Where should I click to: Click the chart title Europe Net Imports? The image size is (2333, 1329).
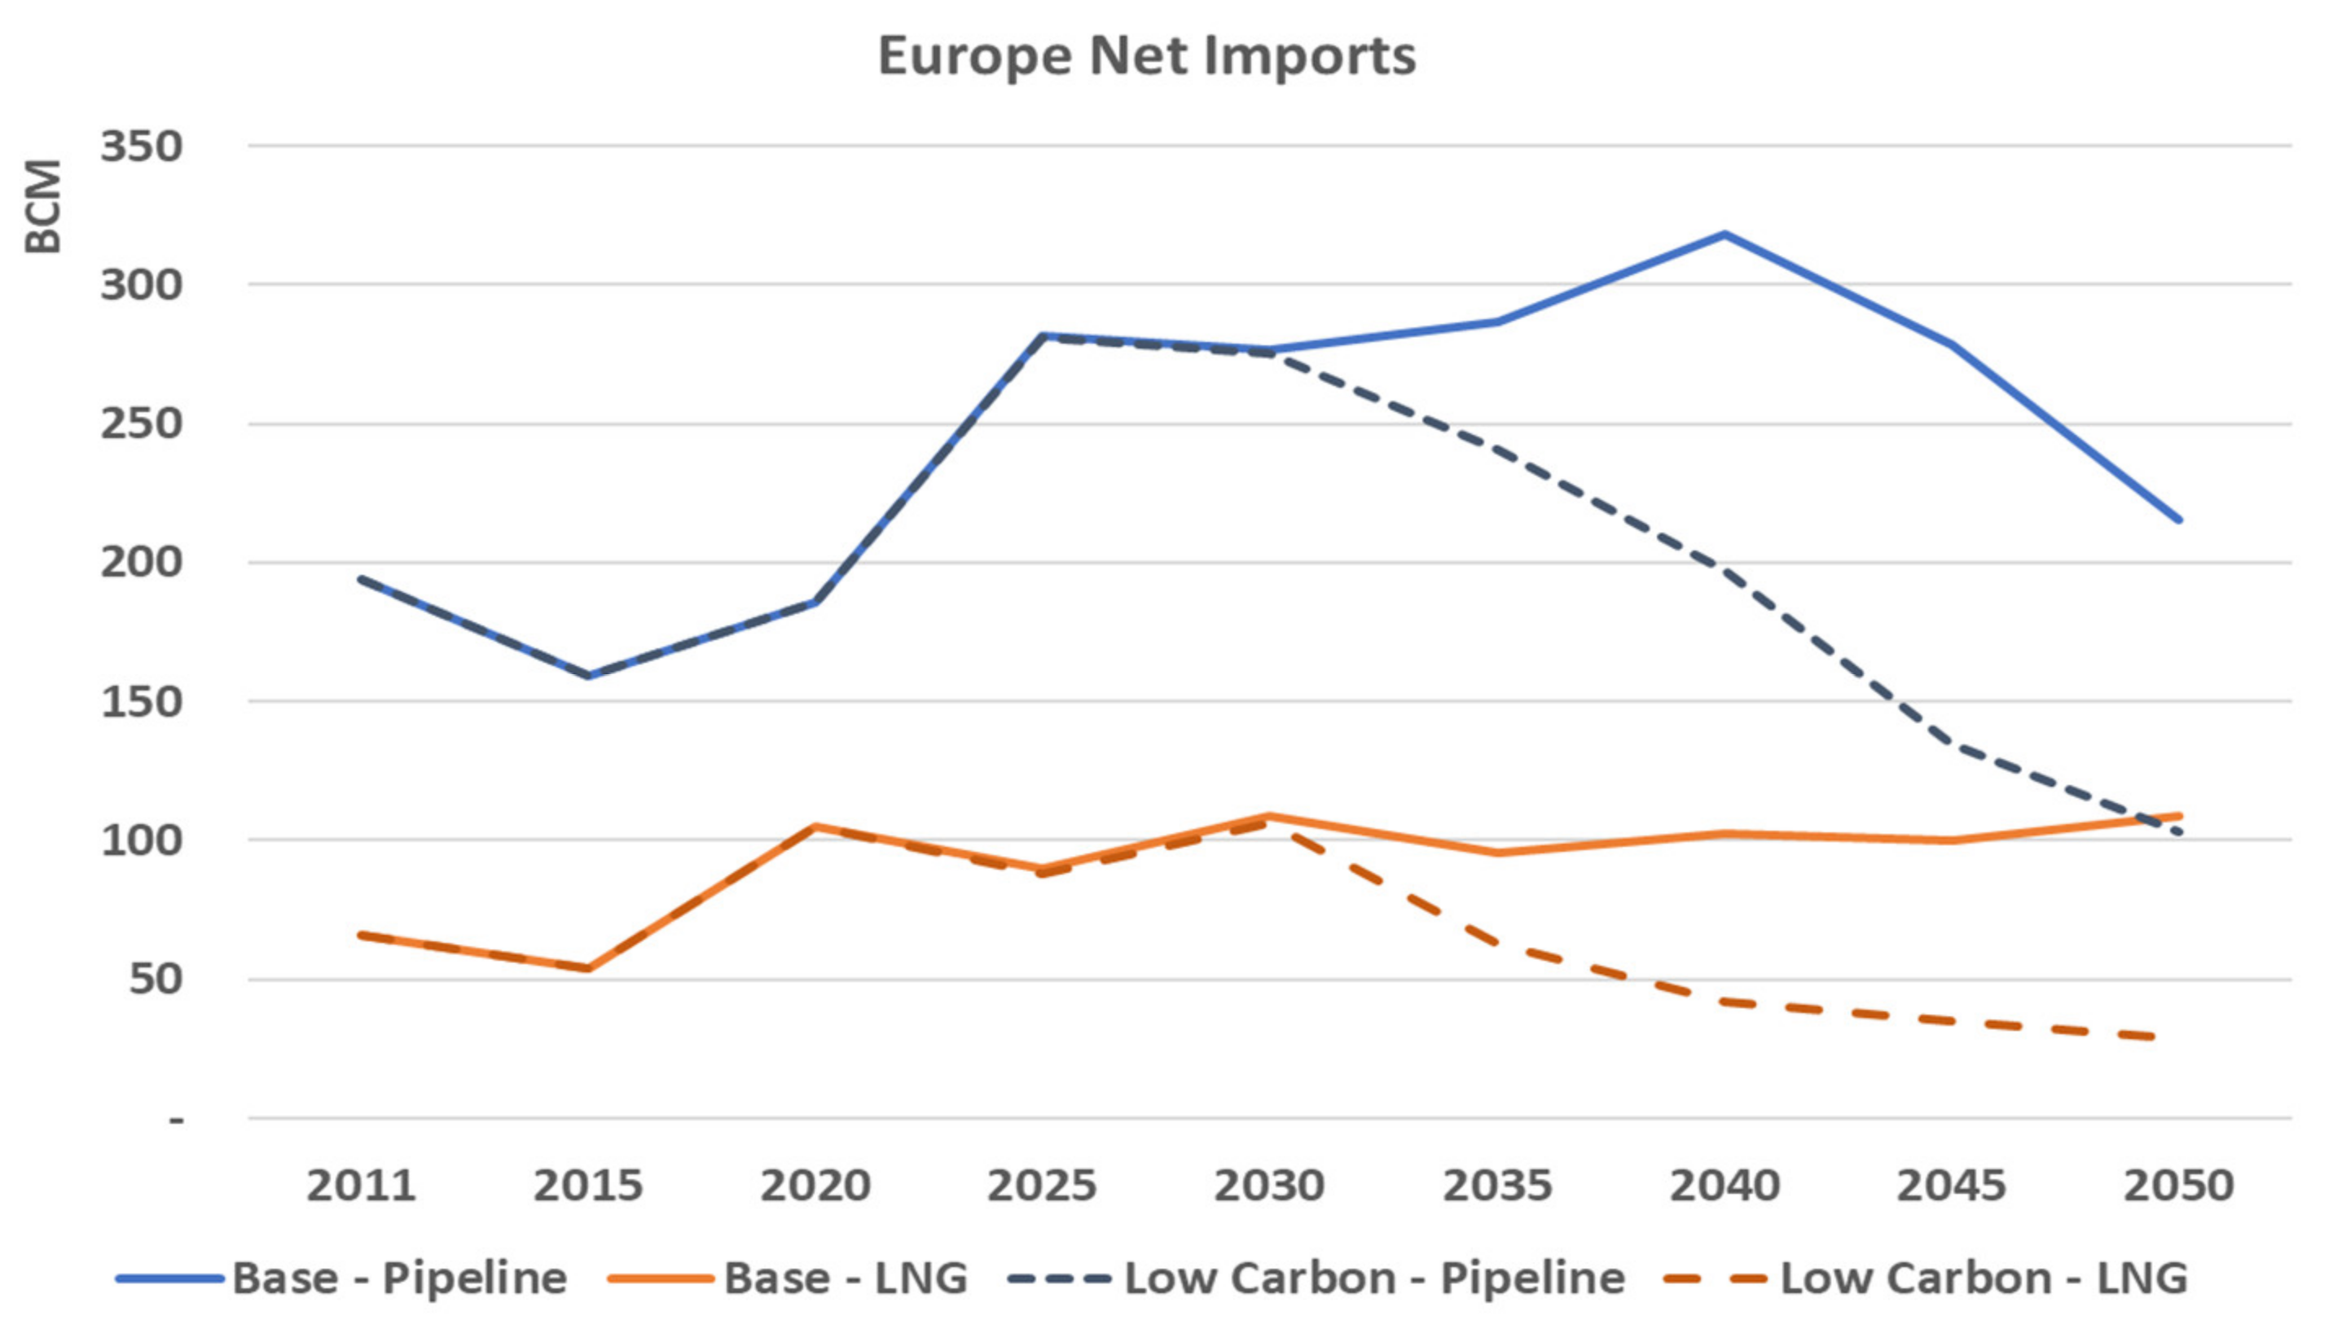[1146, 56]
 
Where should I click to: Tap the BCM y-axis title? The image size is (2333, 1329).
[43, 206]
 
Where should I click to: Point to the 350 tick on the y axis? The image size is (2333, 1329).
[142, 146]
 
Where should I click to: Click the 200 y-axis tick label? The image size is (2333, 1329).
[142, 562]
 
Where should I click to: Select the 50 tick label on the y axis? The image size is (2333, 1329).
[155, 980]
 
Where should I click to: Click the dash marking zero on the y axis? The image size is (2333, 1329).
[176, 1119]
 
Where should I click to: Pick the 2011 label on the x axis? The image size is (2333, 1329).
[362, 1186]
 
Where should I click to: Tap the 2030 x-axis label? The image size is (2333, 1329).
[1268, 1186]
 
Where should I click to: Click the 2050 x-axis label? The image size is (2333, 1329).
[2178, 1186]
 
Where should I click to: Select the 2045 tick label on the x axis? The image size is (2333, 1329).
[1952, 1186]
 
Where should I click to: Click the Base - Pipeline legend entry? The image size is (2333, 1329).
[342, 1279]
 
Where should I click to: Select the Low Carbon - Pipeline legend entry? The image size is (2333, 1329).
[1317, 1279]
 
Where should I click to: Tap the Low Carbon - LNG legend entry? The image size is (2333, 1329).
[1926, 1279]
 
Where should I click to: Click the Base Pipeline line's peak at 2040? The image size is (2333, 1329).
[1724, 235]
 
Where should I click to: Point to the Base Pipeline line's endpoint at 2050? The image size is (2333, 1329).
[2179, 520]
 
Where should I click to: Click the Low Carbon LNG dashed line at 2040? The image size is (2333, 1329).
[1724, 1002]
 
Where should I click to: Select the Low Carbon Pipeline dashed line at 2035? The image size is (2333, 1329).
[1497, 451]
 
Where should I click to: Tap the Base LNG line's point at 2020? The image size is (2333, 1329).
[815, 826]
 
